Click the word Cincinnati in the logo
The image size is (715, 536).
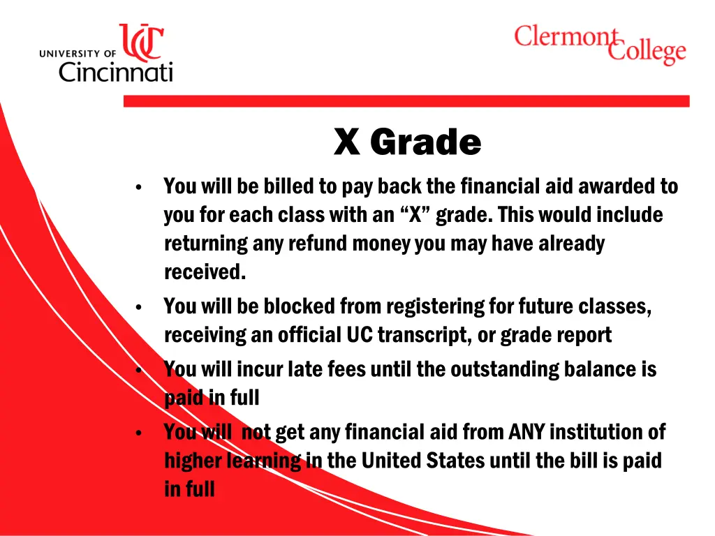115,70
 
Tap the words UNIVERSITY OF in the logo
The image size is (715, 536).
78,53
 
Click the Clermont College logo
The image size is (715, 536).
600,43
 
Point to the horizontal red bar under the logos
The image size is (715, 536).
406,101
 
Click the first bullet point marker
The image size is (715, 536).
140,188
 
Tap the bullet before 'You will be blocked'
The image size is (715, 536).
140,308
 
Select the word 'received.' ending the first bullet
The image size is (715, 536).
205,272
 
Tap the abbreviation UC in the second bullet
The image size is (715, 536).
360,335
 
